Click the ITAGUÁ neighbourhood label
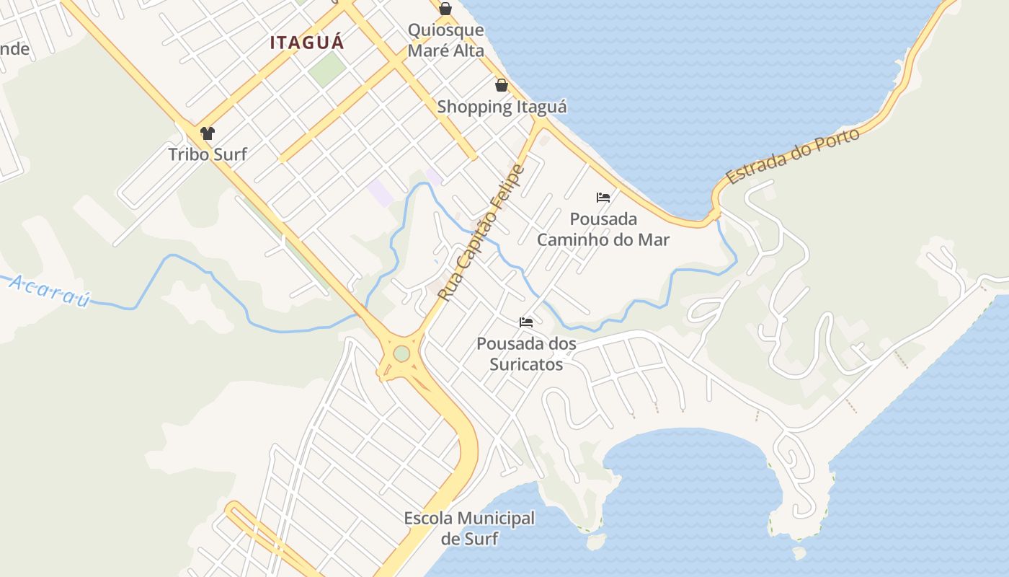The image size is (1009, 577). [x=307, y=43]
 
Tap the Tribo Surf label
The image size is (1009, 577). [x=208, y=154]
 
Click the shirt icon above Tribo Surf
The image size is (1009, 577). [x=208, y=133]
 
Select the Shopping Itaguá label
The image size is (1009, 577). [x=502, y=107]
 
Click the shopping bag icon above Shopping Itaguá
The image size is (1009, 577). [x=502, y=85]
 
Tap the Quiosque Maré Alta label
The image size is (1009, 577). [x=445, y=40]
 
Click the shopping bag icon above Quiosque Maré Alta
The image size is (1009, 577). [x=445, y=9]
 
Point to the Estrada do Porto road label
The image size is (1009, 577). [x=793, y=156]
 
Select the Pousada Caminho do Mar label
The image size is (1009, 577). [x=603, y=229]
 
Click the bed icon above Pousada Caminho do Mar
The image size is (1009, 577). [x=603, y=197]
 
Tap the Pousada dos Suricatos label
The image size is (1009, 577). [x=526, y=353]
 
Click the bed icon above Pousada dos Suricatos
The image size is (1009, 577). [x=526, y=322]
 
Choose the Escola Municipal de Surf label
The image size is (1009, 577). [x=469, y=528]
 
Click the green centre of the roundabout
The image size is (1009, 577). [x=401, y=354]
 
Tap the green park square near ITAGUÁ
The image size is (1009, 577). [x=327, y=67]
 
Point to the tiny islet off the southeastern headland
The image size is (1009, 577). [x=799, y=553]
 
